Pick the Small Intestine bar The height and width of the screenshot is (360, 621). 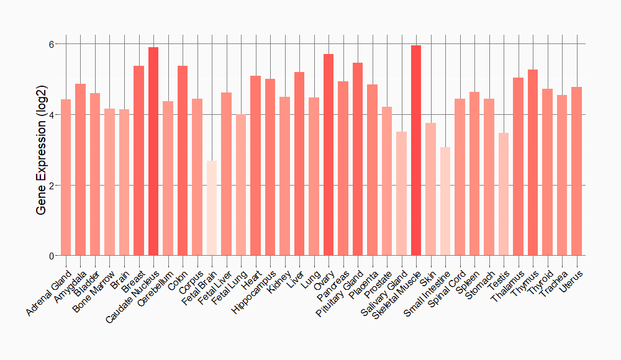[445, 201]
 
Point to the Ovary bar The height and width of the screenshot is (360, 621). [329, 155]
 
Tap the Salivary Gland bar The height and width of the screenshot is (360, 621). [401, 193]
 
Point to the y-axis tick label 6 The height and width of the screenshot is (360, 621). [52, 44]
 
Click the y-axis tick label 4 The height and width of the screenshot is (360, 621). [52, 115]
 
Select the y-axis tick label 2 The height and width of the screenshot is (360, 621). [52, 186]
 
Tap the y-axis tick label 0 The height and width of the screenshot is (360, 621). [52, 256]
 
